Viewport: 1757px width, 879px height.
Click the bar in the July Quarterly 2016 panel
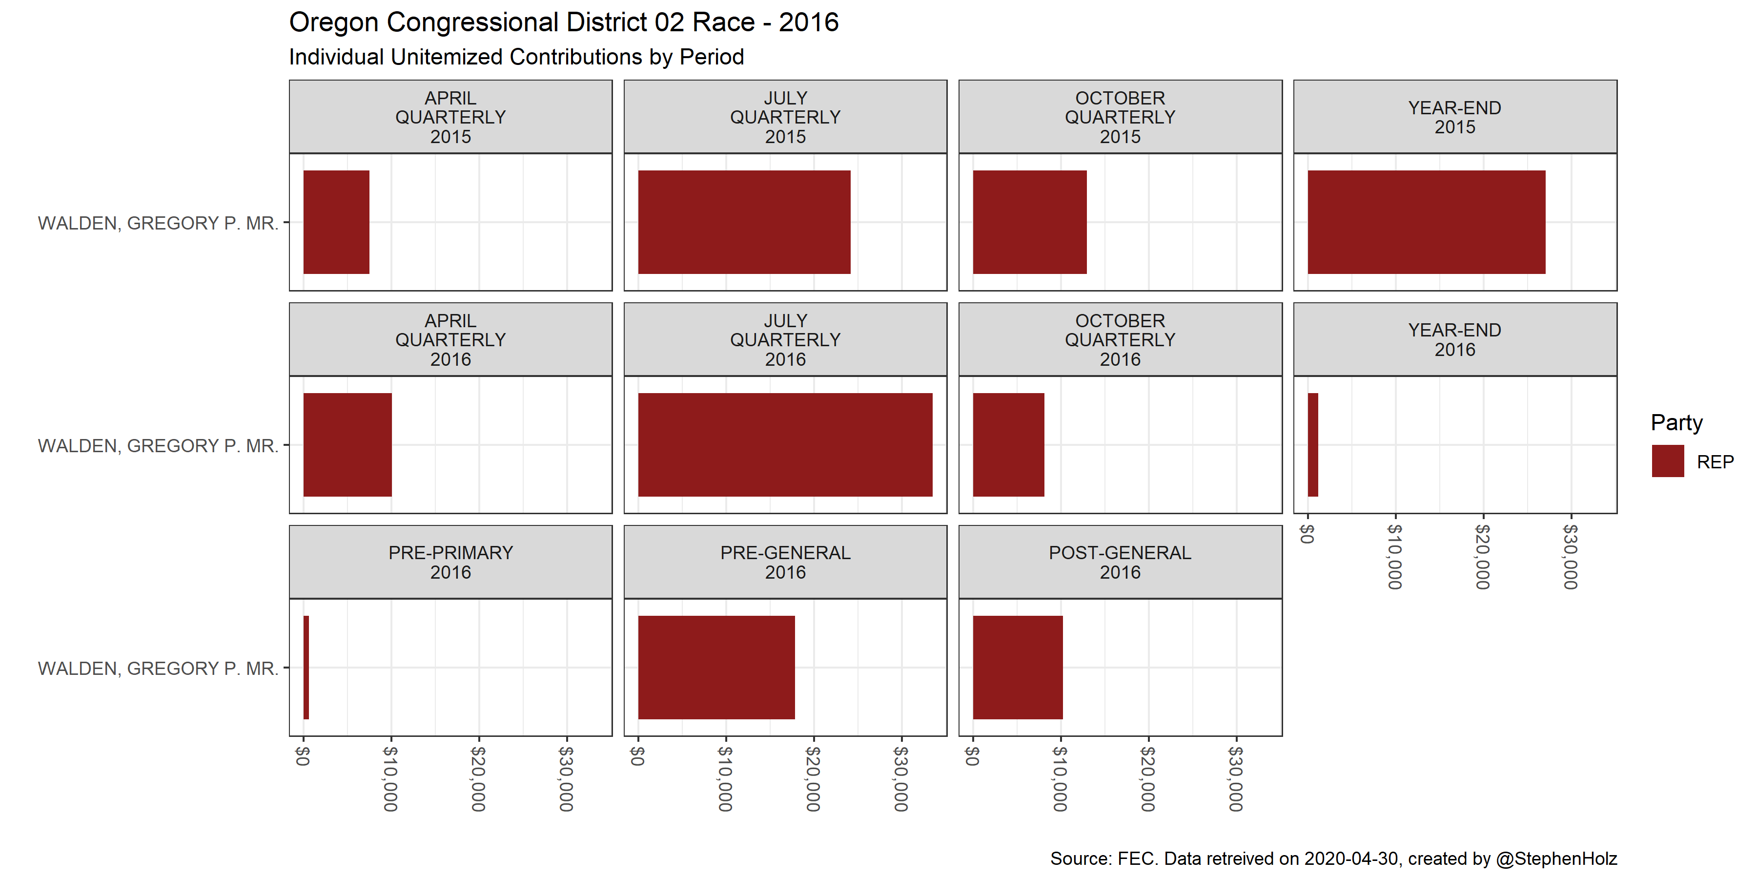click(785, 444)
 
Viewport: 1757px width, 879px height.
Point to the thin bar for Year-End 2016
click(1313, 444)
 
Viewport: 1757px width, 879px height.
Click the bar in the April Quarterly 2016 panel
click(347, 444)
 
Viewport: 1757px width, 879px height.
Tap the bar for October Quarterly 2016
click(1008, 444)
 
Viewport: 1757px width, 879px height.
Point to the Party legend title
click(1676, 422)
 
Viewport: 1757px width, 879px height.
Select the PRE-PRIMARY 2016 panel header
click(450, 563)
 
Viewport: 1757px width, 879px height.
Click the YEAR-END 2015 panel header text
click(1454, 117)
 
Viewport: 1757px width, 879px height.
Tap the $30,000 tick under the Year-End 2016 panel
click(1571, 556)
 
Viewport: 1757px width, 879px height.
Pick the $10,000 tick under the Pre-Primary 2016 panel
click(391, 778)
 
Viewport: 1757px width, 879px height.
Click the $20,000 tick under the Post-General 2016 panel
click(1148, 778)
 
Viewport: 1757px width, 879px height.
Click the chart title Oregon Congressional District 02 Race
click(563, 22)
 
